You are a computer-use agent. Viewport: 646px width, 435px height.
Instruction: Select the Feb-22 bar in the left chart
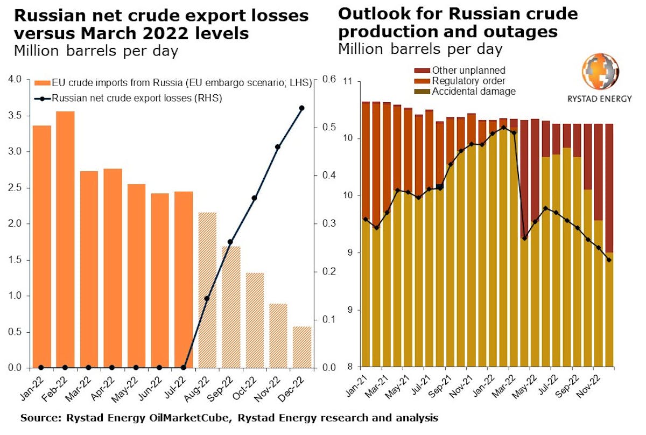(65, 240)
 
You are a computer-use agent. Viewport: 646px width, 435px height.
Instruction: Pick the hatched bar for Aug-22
(207, 290)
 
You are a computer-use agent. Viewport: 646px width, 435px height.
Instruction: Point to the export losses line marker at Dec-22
(301, 108)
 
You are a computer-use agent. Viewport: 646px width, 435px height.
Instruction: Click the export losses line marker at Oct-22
(254, 198)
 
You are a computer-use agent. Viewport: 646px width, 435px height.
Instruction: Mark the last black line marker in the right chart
(609, 260)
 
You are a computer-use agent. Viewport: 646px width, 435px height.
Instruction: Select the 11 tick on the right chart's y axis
(349, 81)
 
